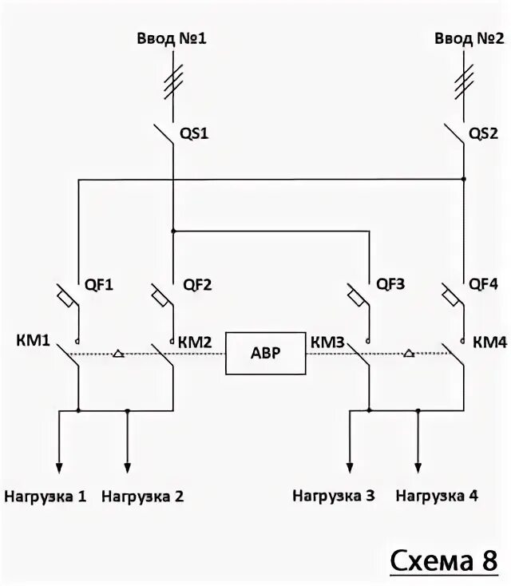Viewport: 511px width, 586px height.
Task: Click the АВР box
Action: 266,354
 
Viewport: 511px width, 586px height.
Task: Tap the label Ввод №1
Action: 175,38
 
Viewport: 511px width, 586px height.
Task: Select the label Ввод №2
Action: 465,38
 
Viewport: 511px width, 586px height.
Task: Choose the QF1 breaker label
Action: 100,283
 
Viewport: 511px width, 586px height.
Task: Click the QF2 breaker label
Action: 197,283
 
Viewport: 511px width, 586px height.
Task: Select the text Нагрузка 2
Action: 143,496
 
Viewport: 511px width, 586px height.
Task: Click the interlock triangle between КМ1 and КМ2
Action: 118,353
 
